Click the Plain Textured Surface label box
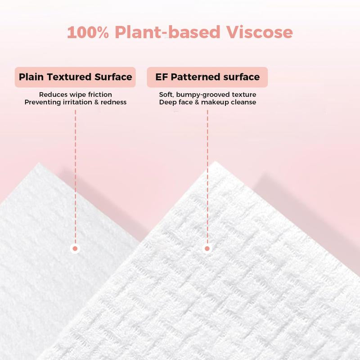tap(75, 77)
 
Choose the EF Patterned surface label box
tap(207, 77)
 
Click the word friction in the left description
tap(99, 94)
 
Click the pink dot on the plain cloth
tap(75, 248)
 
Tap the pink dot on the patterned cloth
tap(207, 248)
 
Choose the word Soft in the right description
tap(166, 94)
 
